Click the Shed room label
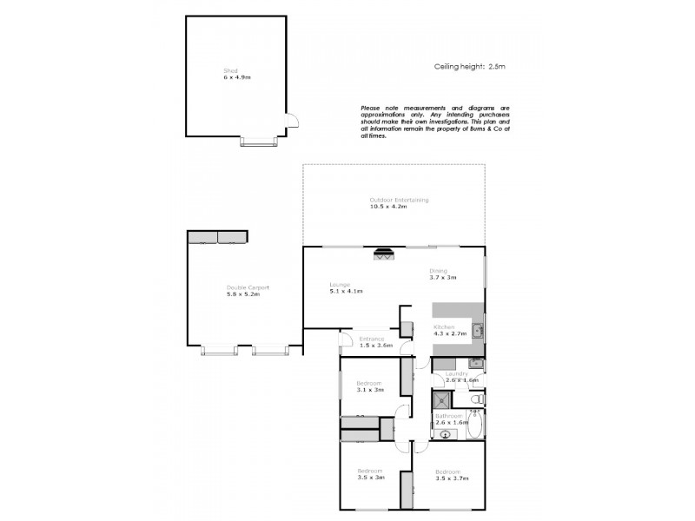tap(230, 71)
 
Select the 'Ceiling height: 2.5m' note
tap(468, 66)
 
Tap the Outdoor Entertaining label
tap(399, 200)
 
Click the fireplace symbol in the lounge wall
tap(383, 254)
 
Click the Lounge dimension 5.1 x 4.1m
tap(345, 291)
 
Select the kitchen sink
tap(477, 329)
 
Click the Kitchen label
tap(444, 327)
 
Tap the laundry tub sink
tap(475, 363)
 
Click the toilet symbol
tap(477, 399)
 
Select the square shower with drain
tap(443, 400)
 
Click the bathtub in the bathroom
tap(475, 426)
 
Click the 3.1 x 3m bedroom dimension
tap(370, 389)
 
